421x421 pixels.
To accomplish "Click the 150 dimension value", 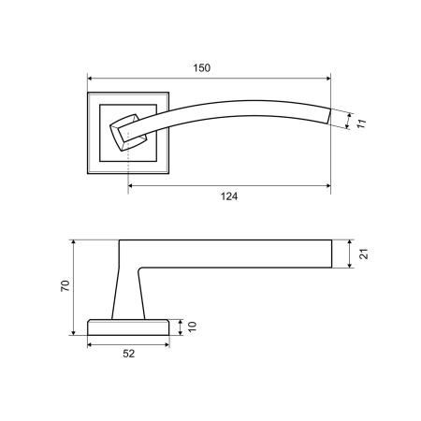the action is click(202, 68).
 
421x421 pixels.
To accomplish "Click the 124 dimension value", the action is click(229, 196).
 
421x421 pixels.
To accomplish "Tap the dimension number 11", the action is click(361, 123).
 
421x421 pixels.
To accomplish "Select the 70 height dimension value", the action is click(65, 286).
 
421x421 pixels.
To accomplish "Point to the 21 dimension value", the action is click(364, 254).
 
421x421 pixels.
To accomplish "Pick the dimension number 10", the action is click(193, 327).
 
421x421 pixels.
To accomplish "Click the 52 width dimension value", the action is click(129, 354).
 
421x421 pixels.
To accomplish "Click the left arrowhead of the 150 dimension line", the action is click(90, 78).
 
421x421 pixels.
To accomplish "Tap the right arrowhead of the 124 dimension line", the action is click(328, 186).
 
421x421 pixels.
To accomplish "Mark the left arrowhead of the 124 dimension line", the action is click(131, 186).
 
